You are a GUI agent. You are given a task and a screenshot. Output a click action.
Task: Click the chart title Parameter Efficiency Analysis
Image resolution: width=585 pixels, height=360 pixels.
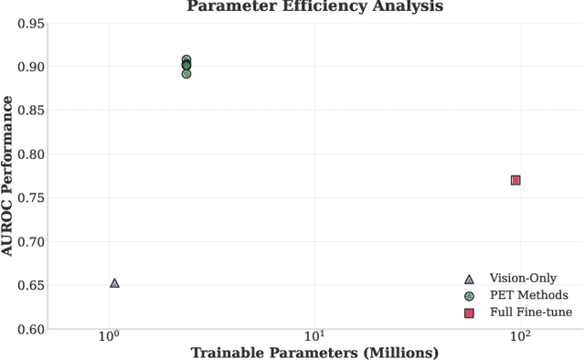tap(314, 6)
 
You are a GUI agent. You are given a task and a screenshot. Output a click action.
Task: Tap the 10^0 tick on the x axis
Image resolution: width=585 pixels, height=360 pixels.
tap(110, 335)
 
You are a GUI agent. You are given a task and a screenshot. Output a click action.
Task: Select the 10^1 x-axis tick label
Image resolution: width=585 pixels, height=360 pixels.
tap(314, 335)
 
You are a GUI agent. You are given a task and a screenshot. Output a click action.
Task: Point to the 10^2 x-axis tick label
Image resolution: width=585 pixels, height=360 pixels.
tap(519, 335)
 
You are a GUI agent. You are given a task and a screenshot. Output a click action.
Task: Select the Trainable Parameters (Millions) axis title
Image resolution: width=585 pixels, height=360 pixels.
tap(314, 353)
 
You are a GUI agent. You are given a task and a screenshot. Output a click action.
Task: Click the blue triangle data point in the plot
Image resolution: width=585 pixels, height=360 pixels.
tap(114, 283)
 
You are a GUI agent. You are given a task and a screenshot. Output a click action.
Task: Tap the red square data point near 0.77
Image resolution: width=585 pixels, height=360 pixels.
tap(516, 180)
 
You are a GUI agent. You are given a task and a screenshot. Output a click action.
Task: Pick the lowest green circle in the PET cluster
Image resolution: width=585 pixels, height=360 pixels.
tap(186, 74)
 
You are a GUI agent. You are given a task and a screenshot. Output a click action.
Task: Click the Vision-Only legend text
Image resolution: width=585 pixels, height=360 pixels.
tap(522, 279)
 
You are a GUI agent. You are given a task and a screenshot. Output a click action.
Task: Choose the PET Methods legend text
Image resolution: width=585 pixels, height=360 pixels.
tap(528, 295)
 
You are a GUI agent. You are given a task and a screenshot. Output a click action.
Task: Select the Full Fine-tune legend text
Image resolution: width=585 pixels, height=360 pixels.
tap(530, 312)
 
